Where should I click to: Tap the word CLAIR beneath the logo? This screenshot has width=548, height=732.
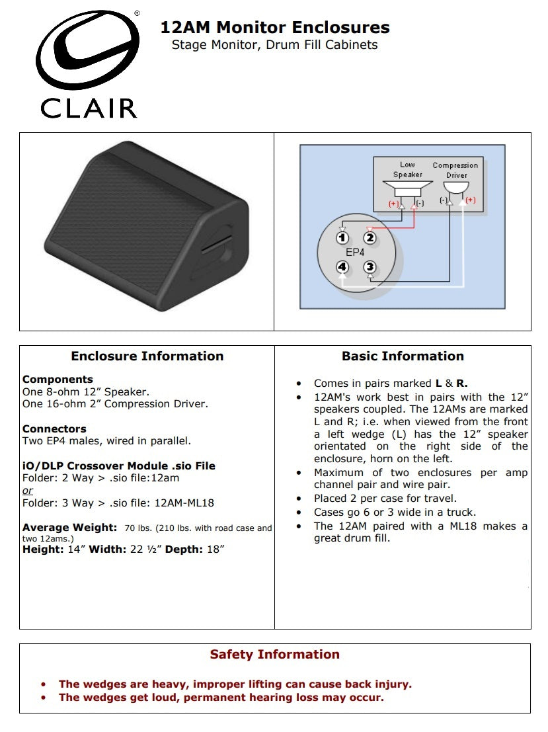point(89,108)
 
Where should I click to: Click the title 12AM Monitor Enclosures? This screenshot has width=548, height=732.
point(275,28)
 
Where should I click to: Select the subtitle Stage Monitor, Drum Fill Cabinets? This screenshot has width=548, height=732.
point(274,45)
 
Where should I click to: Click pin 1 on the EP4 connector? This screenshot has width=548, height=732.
point(342,238)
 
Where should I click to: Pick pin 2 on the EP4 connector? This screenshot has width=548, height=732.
point(370,238)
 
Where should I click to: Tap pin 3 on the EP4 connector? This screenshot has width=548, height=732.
point(370,267)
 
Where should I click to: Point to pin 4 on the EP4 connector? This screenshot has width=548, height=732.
point(342,267)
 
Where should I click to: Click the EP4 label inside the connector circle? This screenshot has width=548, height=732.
point(356,253)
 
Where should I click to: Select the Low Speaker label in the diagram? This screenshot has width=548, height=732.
point(407,170)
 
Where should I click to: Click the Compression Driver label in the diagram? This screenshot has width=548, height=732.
point(455,171)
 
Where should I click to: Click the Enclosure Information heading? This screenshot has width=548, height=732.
point(147,356)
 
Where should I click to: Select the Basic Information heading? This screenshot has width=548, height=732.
point(403,356)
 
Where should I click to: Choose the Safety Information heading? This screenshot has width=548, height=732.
point(274,655)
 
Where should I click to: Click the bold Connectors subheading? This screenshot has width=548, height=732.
point(54,428)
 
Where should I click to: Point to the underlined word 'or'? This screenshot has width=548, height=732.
point(28,491)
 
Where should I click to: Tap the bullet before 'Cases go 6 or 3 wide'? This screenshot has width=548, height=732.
point(299,512)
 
